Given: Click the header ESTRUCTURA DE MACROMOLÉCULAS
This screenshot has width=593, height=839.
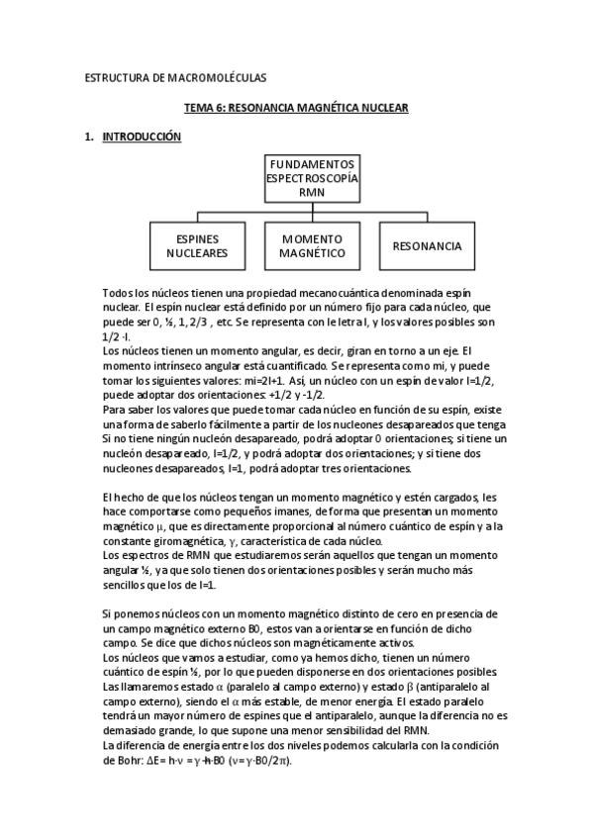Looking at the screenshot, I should tap(175, 76).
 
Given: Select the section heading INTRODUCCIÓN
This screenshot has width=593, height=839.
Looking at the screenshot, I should tap(142, 138).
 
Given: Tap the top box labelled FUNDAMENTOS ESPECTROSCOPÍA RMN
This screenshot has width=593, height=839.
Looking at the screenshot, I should tap(312, 178).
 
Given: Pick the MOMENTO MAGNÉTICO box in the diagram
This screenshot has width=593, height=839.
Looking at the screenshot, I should tap(313, 245).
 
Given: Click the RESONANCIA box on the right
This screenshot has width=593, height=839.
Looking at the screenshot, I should tap(427, 245).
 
